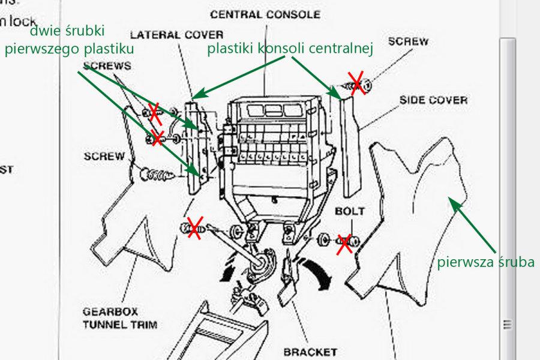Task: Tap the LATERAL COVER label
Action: (x=176, y=35)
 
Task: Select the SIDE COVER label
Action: (x=433, y=99)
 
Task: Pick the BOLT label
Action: (x=350, y=212)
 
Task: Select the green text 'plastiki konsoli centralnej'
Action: (x=290, y=49)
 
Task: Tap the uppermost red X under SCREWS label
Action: (x=154, y=111)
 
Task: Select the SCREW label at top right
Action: (x=408, y=42)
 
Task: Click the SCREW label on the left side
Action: (x=104, y=157)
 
